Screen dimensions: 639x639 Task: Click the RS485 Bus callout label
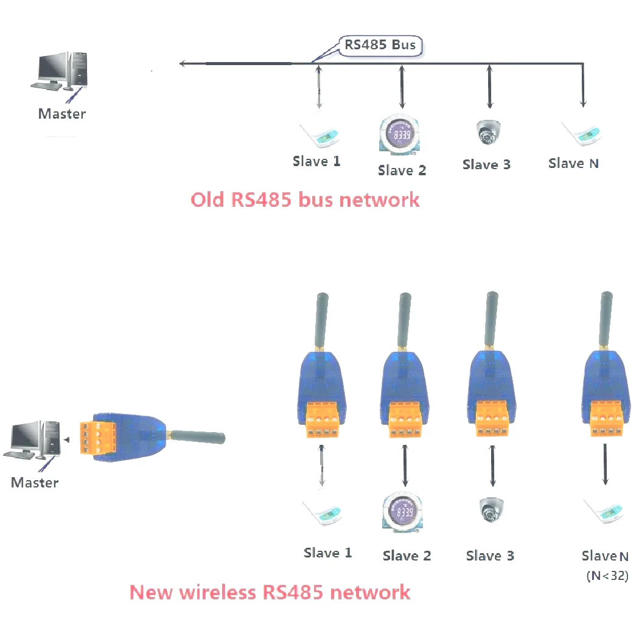(x=380, y=45)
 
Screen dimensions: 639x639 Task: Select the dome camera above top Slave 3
(x=488, y=132)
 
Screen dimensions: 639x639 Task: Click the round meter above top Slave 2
(x=400, y=135)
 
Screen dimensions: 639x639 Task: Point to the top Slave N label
(x=573, y=163)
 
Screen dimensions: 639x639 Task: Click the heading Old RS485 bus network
(x=305, y=200)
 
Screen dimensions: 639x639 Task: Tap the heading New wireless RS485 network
(x=270, y=592)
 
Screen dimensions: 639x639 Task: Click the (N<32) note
(x=607, y=575)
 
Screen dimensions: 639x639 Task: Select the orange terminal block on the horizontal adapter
(x=98, y=438)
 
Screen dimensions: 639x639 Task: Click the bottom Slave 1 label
(x=327, y=553)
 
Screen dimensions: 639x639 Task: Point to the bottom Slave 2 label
(x=407, y=555)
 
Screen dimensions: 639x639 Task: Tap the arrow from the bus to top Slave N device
(x=583, y=85)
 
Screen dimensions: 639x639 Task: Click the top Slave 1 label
(x=316, y=161)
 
